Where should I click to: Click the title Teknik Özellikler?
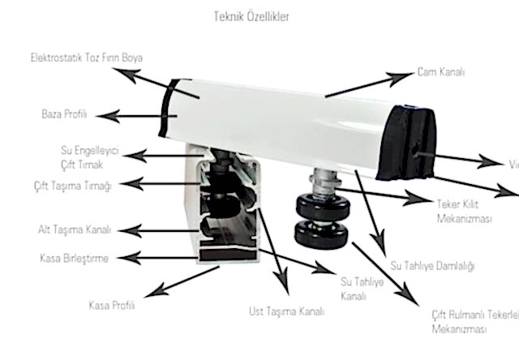tap(252, 15)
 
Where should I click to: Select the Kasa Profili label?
tap(111, 306)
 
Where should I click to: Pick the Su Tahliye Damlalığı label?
tap(432, 265)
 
